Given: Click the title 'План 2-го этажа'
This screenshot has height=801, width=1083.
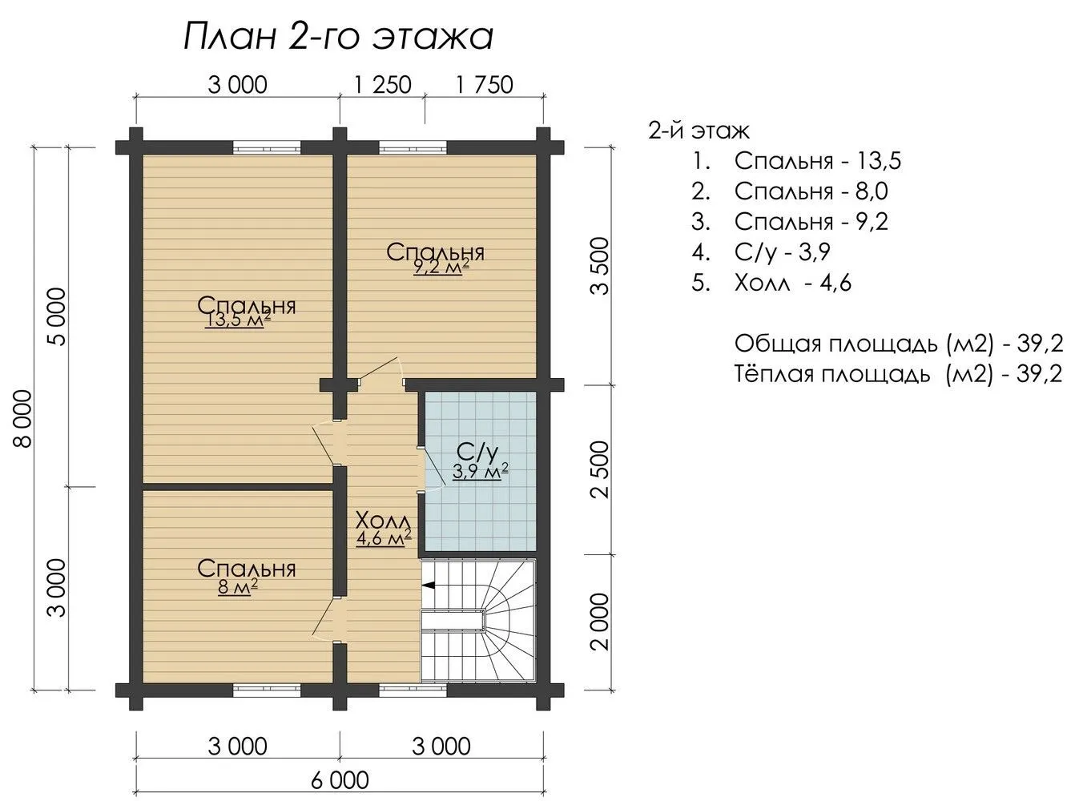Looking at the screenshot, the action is point(338,37).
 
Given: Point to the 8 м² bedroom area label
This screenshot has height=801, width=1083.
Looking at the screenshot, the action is point(238,586).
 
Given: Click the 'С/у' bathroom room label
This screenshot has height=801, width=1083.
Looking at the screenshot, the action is point(477,453).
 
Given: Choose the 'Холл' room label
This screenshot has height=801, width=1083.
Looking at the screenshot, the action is point(384,521).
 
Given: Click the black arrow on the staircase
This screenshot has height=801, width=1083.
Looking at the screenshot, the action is point(429,585).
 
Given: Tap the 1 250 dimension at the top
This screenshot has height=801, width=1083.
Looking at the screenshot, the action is point(382,85).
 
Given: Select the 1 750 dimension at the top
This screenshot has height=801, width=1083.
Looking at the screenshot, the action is point(485,85).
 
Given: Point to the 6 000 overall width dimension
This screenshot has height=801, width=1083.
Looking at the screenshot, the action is point(340,780).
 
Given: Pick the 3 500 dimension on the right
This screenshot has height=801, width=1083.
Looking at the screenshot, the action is point(600,266).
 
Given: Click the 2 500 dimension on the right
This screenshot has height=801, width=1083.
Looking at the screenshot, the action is point(600,469).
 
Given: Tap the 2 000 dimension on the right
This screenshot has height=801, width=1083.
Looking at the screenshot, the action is point(600,622).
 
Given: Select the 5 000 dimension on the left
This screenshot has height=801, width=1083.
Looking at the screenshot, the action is point(57,317).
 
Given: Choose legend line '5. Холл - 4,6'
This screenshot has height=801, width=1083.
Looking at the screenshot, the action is point(771,283).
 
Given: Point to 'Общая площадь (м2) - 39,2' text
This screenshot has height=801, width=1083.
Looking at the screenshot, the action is point(899,344).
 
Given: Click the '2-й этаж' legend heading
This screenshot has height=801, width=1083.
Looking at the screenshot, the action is point(699,131).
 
